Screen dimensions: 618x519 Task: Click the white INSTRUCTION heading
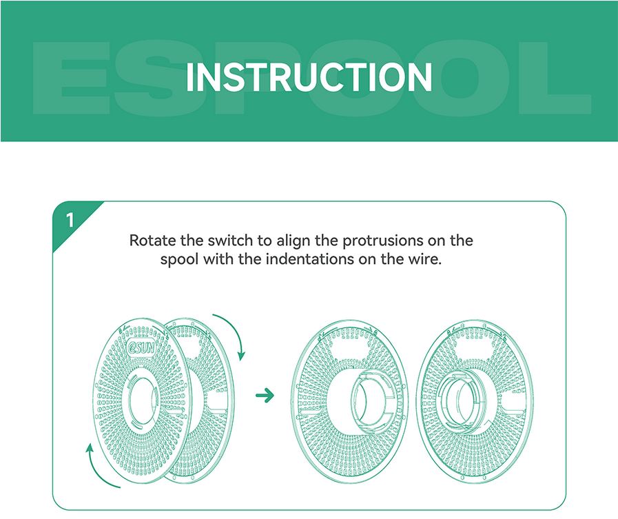309,77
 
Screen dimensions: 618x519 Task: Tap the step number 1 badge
70,220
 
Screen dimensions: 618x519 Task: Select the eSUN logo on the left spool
141,348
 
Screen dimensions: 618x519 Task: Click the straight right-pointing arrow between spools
265,395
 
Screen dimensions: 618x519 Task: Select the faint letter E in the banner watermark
71,78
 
